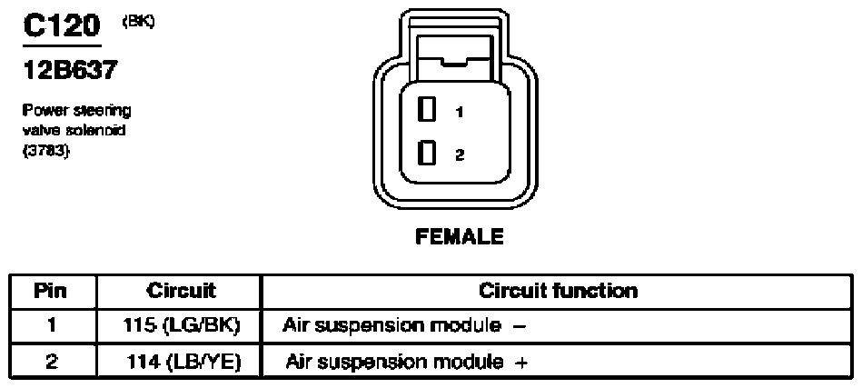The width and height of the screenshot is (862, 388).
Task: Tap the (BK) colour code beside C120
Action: pos(138,22)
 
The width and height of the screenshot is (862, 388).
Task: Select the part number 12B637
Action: pos(70,70)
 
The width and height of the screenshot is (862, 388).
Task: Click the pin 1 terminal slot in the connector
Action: pos(427,109)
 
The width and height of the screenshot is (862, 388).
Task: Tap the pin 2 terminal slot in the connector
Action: pos(427,153)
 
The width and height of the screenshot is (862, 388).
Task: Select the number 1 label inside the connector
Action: pos(460,112)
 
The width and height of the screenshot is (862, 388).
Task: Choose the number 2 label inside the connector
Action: pos(461,155)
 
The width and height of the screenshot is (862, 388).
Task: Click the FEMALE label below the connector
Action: pos(459,237)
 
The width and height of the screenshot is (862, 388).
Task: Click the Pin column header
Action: pos(51,291)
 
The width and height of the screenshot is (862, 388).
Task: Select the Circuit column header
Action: pos(181,291)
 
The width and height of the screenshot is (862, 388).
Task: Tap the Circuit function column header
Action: pos(558,291)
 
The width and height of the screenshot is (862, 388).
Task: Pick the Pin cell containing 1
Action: pos(51,326)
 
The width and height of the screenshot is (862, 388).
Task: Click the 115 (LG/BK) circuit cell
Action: pos(181,326)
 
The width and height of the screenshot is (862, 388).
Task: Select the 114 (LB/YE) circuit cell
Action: pos(183,363)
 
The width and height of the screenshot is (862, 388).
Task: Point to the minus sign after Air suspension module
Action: pos(519,327)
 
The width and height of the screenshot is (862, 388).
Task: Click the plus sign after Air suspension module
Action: pos(521,363)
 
